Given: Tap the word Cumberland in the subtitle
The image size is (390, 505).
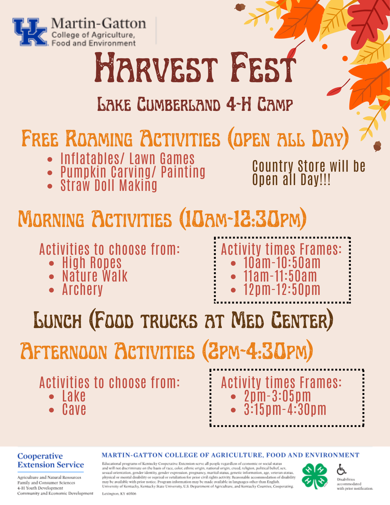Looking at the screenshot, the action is point(179,104).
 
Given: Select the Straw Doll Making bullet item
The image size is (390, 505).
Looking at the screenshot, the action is point(109,185).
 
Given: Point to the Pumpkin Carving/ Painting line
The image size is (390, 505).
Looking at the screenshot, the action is point(133,172).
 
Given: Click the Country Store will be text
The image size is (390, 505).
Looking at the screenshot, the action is point(309,166).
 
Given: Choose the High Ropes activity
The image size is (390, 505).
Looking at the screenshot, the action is point(92,263).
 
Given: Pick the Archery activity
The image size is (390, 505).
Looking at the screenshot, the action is point(83,289).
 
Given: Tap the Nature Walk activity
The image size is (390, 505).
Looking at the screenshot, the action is point(95,276).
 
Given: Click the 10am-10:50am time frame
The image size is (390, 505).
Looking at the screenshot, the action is point(282,263).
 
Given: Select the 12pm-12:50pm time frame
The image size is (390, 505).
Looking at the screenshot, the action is point(282,289).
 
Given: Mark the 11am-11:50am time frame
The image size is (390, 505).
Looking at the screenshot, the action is point(280,276).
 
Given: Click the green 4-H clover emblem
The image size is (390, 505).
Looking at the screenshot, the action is point(315,476).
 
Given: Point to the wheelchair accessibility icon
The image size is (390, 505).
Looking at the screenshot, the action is point(342,469).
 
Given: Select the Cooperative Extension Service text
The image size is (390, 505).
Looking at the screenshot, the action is point(50,460).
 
